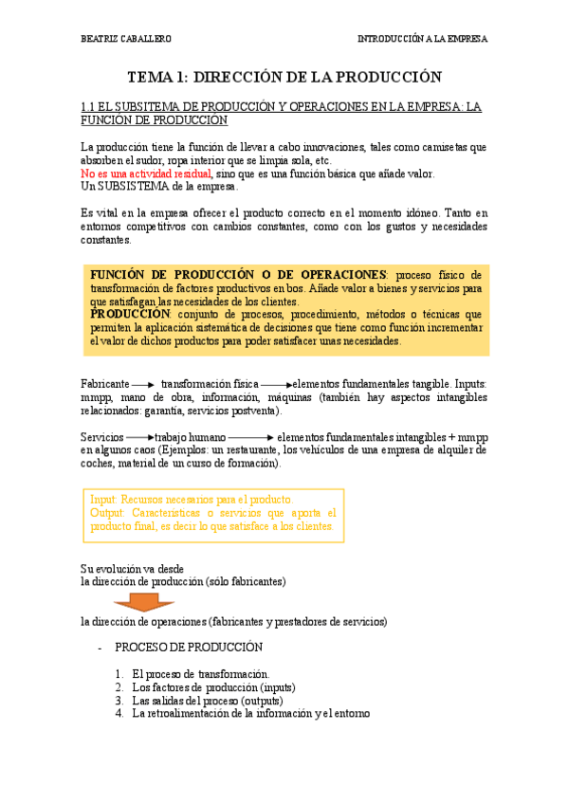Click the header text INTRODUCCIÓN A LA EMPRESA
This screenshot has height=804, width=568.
422,40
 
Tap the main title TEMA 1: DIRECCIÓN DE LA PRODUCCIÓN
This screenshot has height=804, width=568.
284,78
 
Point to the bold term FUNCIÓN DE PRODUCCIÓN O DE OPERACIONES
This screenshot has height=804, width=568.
238,273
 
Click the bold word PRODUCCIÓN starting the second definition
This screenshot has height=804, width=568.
130,314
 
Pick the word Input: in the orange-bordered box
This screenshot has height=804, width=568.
105,499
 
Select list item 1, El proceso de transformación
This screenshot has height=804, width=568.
200,673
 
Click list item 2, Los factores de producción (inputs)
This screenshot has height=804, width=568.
213,686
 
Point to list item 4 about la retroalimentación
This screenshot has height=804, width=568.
251,713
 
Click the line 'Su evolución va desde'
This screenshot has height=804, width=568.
137,568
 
